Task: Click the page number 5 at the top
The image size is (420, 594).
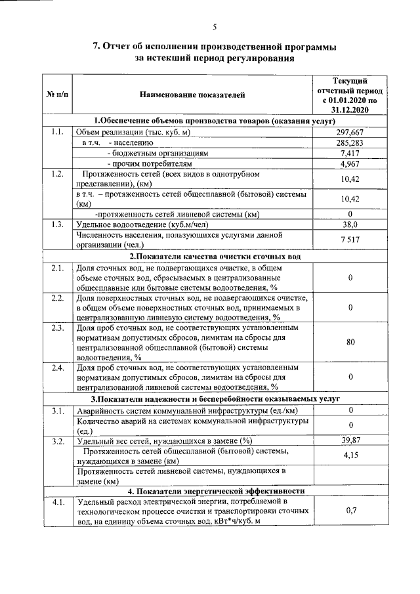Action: (214, 27)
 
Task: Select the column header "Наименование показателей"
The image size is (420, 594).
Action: (192, 96)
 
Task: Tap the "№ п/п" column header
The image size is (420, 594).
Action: (58, 96)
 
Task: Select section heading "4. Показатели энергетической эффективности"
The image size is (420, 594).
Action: (215, 490)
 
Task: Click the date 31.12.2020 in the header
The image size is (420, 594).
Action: (350, 111)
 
